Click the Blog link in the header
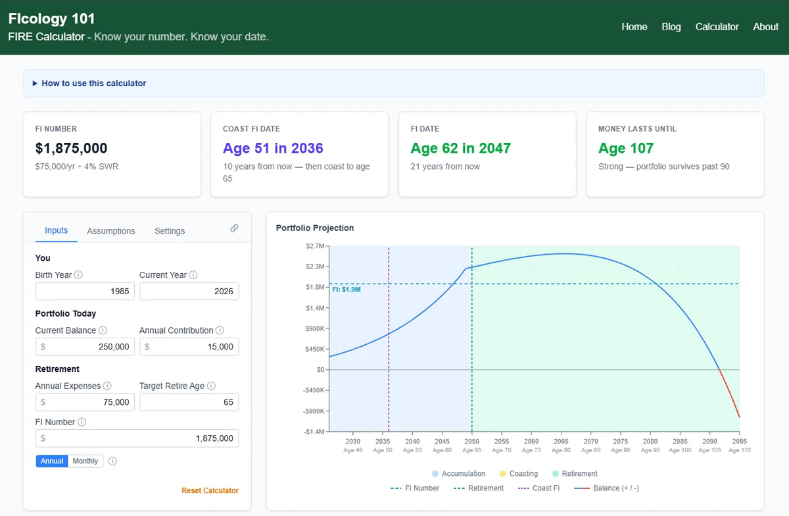(x=671, y=27)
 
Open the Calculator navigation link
(x=717, y=27)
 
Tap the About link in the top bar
(x=765, y=27)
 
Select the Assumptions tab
(x=111, y=230)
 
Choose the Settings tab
(x=170, y=230)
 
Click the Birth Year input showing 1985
(x=85, y=291)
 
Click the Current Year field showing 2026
(x=189, y=291)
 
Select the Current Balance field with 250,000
(x=85, y=347)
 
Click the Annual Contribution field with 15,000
(x=189, y=347)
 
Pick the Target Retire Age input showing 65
(x=189, y=402)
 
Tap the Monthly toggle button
(x=85, y=461)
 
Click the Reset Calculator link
(x=210, y=490)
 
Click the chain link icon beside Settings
(x=234, y=228)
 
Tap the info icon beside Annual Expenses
(x=107, y=386)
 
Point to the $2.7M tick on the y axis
(x=315, y=246)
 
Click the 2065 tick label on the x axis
(x=561, y=441)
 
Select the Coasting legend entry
(x=519, y=474)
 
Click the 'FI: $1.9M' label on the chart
(x=347, y=290)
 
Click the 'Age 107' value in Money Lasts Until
(x=626, y=148)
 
